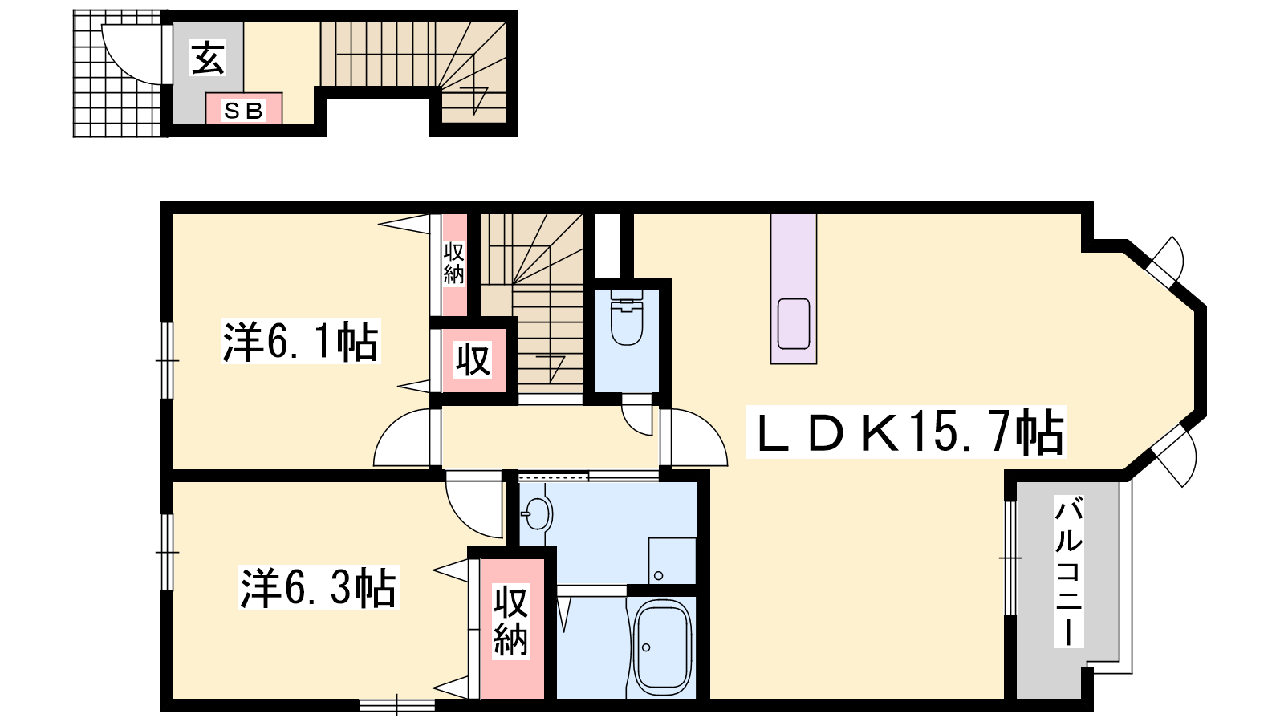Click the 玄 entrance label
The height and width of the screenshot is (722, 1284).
point(208,58)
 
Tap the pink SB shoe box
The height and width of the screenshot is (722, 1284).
point(244,108)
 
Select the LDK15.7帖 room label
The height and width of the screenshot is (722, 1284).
point(906,432)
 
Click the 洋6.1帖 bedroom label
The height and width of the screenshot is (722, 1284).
point(300,342)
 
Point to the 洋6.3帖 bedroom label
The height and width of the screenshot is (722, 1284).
point(318,588)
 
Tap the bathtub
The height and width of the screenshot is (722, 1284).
point(662,647)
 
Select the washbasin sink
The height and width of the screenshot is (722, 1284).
point(538,513)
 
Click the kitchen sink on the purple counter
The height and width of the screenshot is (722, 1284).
point(794,324)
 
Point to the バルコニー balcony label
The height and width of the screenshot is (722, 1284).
point(1068,572)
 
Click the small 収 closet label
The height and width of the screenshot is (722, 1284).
point(473,360)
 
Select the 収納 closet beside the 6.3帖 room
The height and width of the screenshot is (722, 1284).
point(511,629)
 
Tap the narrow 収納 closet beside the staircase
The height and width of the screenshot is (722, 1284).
point(453,264)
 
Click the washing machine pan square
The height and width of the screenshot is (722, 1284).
point(672,561)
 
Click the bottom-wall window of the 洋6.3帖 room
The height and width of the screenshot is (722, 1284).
point(397,705)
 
